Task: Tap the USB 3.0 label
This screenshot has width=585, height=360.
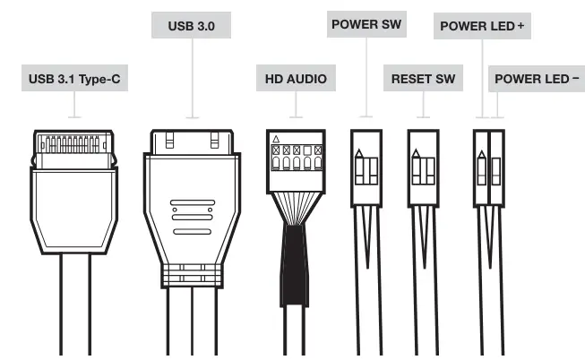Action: tap(192, 25)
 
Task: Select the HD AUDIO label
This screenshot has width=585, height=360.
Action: tap(295, 80)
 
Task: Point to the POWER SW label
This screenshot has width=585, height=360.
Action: tap(366, 25)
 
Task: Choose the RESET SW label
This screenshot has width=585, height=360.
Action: tap(423, 80)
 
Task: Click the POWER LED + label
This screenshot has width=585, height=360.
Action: tap(482, 25)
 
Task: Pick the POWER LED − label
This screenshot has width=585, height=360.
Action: tap(537, 80)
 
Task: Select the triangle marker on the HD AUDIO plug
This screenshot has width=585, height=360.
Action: tap(275, 140)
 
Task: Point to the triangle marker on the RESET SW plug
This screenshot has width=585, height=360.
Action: tap(416, 153)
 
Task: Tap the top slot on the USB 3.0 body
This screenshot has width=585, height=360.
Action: tap(193, 204)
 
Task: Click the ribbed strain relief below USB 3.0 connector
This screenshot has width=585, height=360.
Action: tap(193, 275)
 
